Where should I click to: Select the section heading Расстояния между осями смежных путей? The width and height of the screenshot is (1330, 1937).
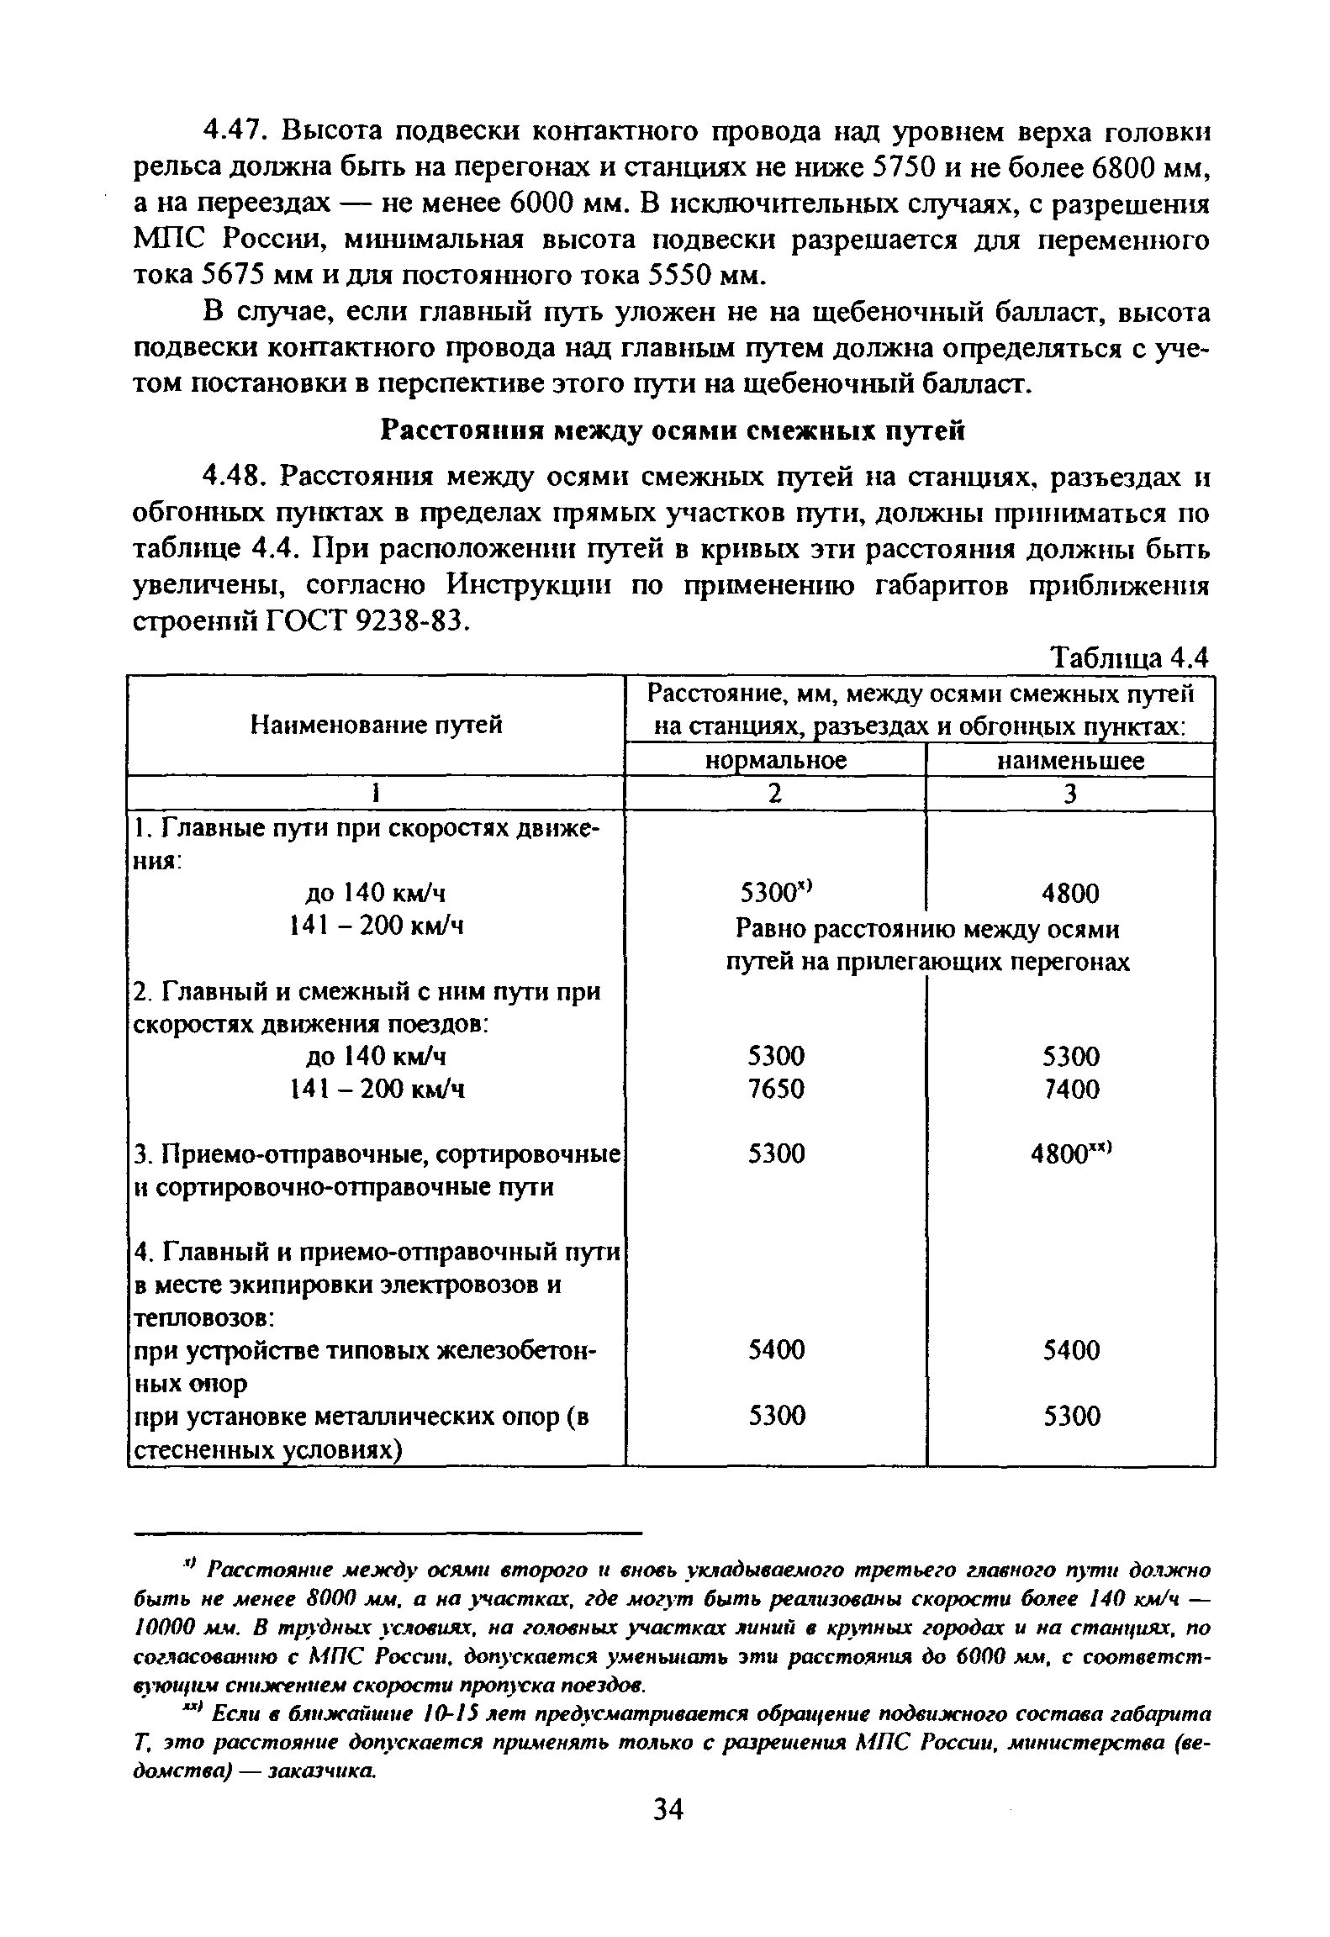click(x=673, y=430)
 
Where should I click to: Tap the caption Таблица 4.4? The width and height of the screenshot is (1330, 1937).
click(x=1130, y=657)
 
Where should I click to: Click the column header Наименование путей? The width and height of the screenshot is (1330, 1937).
click(x=377, y=724)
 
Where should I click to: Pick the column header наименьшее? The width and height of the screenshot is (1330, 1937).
click(x=1070, y=761)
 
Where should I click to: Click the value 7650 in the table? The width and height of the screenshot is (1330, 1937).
click(x=776, y=1089)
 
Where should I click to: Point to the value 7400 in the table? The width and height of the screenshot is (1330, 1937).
click(x=1071, y=1090)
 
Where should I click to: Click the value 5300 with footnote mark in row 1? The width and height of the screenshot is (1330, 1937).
click(x=772, y=893)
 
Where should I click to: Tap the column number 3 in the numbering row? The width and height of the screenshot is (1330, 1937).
click(x=1070, y=794)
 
